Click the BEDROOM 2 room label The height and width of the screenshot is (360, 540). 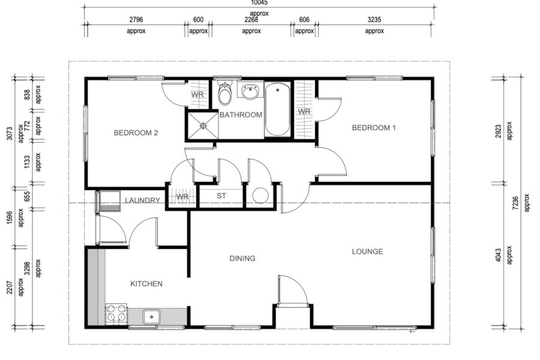point(136,133)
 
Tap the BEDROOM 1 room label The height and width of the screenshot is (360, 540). point(374,128)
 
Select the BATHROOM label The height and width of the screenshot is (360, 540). point(241,115)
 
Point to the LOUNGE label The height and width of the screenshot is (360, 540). point(367,251)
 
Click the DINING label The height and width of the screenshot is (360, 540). point(242,259)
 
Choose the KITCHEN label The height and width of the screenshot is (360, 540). point(146,284)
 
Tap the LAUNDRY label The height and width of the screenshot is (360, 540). point(142,200)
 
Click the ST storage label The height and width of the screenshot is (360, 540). point(221,196)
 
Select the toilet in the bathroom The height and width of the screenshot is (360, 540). point(225,93)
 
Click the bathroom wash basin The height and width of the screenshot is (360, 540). point(250,92)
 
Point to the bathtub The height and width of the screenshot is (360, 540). point(277,110)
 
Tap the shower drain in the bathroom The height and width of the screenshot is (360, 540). point(203,126)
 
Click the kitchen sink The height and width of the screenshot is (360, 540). point(152,316)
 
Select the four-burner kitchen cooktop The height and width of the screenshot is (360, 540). point(116,313)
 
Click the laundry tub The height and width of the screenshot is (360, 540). point(108,201)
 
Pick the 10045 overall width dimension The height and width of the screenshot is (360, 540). point(259,3)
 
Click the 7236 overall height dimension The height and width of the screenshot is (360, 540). point(515,203)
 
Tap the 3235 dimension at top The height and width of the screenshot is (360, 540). point(374,20)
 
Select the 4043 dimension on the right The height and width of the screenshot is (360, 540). point(499,255)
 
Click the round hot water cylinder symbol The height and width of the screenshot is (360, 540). point(260,196)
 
